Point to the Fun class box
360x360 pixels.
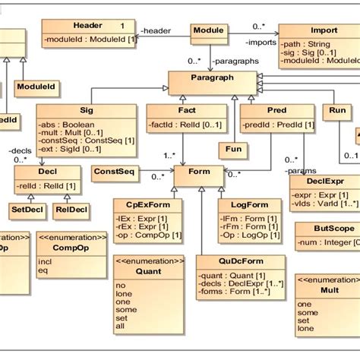[234, 149]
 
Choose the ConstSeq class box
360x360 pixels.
[114, 172]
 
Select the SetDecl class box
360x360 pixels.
[27, 208]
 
